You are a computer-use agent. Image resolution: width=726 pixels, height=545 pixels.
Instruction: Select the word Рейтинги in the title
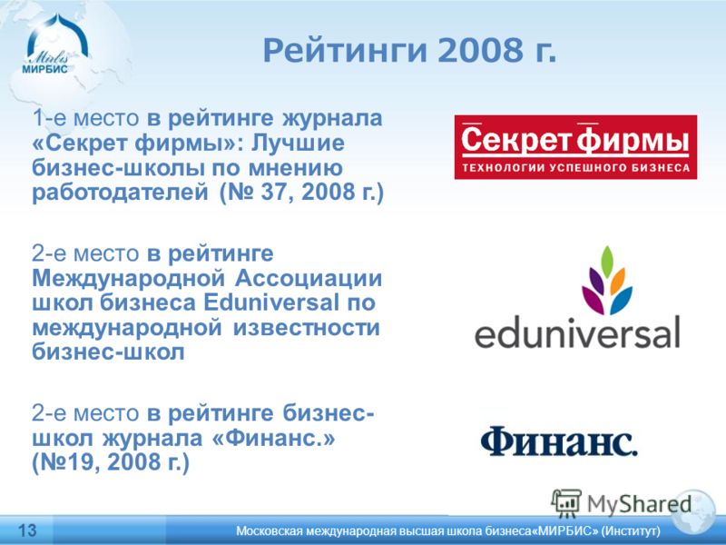(345, 52)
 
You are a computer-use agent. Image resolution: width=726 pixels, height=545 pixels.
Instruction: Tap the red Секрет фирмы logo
(575, 147)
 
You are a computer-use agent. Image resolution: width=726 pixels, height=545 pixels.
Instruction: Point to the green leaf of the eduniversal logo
(607, 263)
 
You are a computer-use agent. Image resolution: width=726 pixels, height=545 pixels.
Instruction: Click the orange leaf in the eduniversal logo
(618, 282)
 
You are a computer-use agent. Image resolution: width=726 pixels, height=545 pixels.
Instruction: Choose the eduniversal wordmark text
(577, 332)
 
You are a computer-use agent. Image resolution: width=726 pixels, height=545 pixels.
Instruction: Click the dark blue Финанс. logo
(559, 441)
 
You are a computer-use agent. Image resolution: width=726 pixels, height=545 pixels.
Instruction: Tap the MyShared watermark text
(639, 504)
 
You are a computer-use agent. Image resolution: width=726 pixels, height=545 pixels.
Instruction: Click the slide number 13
(27, 530)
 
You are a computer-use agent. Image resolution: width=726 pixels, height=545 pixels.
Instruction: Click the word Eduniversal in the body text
(271, 302)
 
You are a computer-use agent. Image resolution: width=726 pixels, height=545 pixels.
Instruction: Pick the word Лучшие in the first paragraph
(298, 143)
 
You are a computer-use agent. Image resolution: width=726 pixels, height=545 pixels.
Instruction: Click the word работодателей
(120, 193)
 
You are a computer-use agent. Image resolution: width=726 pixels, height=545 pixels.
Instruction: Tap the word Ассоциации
(309, 279)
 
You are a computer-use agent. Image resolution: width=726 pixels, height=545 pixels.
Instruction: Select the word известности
(307, 328)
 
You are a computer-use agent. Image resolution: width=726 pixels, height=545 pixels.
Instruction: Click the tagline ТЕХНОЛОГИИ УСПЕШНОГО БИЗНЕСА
(576, 167)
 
